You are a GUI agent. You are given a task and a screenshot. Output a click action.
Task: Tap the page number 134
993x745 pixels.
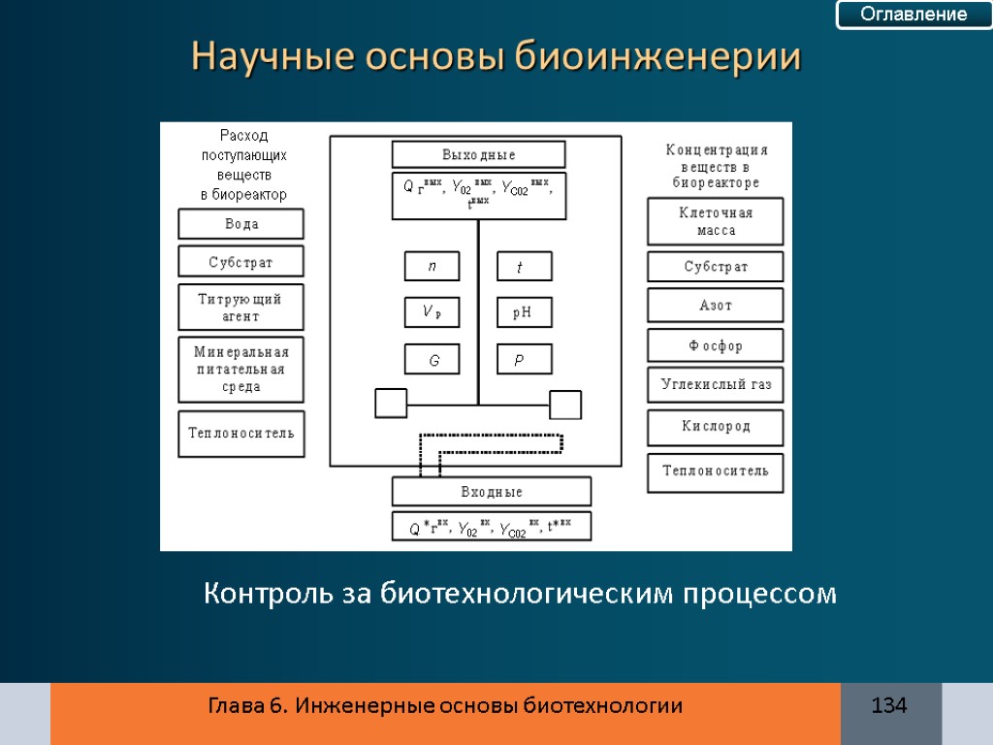click(889, 705)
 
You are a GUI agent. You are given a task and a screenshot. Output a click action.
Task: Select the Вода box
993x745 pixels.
click(240, 224)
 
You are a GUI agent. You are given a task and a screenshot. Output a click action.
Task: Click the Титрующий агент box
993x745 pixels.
click(240, 307)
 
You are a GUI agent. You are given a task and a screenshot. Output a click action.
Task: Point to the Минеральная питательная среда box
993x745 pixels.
click(240, 370)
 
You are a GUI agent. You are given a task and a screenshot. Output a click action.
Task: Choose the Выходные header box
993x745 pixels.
click(478, 154)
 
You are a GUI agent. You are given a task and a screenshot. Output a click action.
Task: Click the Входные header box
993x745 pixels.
click(491, 492)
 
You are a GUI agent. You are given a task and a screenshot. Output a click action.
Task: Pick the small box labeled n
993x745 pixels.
click(432, 267)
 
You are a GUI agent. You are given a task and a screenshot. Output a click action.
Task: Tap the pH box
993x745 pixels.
click(524, 312)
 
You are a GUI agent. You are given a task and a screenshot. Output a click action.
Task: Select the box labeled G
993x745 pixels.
click(432, 360)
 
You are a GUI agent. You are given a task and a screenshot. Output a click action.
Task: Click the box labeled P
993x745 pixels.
click(524, 360)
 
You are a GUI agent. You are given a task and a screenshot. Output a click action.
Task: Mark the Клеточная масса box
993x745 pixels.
click(716, 222)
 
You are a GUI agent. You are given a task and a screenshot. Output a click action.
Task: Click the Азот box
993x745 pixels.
click(716, 306)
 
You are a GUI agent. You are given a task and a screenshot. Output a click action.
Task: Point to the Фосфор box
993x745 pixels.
click(716, 346)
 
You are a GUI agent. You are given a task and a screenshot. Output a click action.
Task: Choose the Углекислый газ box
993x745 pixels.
click(716, 385)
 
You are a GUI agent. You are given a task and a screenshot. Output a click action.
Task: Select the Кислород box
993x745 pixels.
click(716, 427)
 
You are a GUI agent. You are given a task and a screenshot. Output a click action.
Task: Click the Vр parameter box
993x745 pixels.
click(432, 312)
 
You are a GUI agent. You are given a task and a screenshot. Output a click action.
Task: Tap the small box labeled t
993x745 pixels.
click(524, 267)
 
